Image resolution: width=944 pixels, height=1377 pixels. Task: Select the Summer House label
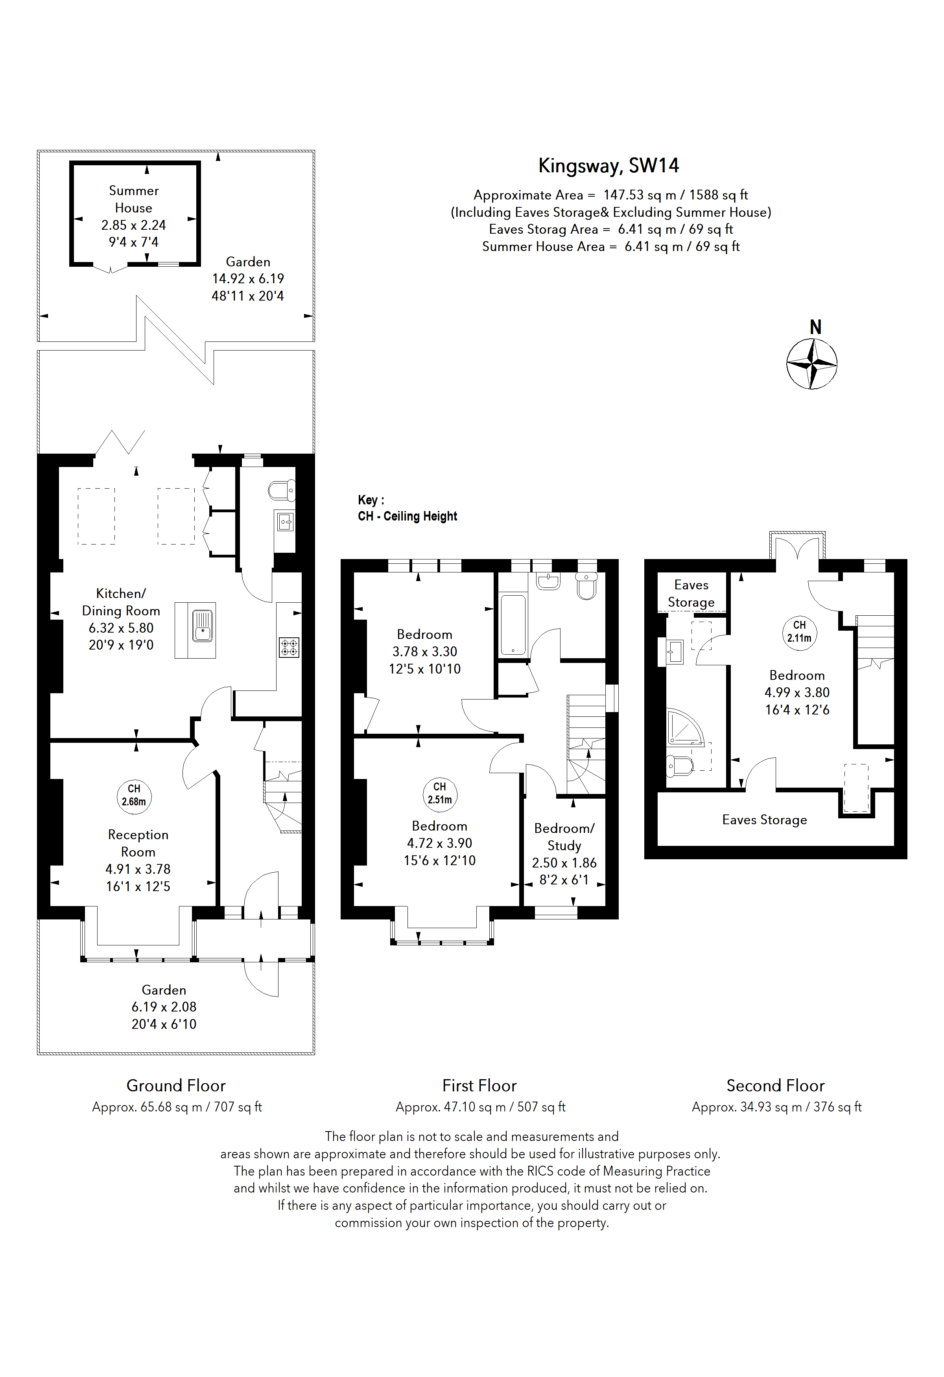(134, 199)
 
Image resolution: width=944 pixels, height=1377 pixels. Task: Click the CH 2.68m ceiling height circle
(134, 795)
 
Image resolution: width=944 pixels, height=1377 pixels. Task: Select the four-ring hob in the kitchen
(289, 648)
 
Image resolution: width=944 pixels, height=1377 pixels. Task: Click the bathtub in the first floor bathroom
(513, 624)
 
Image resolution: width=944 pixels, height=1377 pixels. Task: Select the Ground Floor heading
(176, 1085)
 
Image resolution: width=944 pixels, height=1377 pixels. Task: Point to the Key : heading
(371, 500)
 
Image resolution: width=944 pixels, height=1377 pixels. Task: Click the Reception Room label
(138, 843)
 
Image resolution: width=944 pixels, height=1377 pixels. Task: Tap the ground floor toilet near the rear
(282, 491)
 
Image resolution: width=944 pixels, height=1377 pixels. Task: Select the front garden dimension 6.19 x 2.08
(164, 1007)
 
